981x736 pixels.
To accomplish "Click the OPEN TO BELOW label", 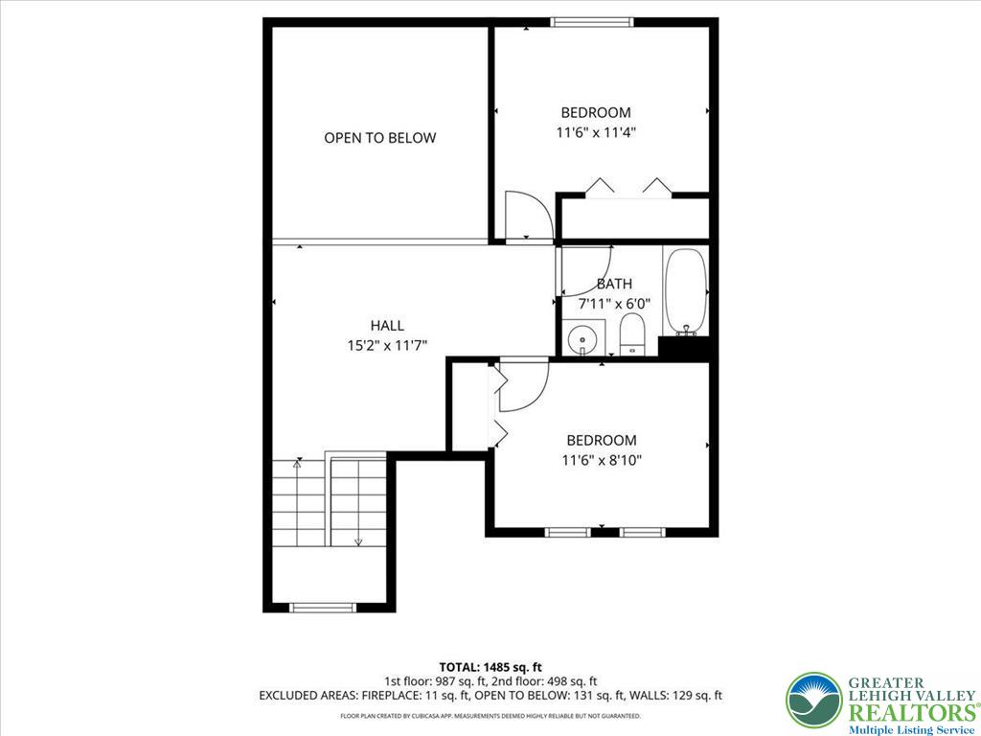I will click(379, 138).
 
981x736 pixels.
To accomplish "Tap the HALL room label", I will click(387, 325).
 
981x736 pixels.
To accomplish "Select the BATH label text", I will click(614, 284).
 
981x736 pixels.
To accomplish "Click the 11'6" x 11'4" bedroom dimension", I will click(596, 132).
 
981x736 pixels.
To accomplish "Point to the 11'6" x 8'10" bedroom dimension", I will click(601, 460).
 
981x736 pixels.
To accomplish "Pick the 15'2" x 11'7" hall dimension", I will click(387, 344).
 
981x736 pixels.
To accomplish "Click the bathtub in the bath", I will click(685, 292).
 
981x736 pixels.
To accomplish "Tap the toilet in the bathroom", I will click(632, 334).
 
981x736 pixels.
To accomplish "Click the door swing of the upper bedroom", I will click(527, 215).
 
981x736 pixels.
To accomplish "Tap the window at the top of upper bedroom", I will click(591, 21).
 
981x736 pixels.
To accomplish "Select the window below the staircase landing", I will click(323, 607).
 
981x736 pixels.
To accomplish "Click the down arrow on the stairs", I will click(358, 541).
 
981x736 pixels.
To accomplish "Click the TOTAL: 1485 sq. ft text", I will click(490, 667).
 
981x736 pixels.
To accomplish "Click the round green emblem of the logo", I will click(812, 700).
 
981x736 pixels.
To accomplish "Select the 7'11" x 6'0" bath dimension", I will click(614, 304).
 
